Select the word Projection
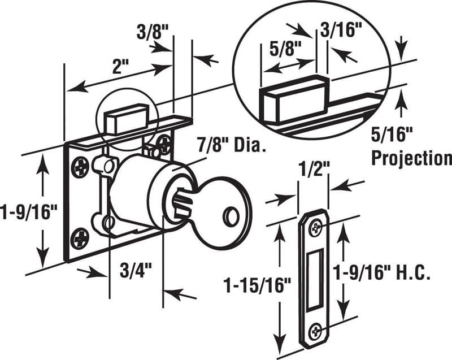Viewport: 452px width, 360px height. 411,158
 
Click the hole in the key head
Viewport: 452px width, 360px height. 230,216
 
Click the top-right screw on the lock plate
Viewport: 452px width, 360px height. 164,142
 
